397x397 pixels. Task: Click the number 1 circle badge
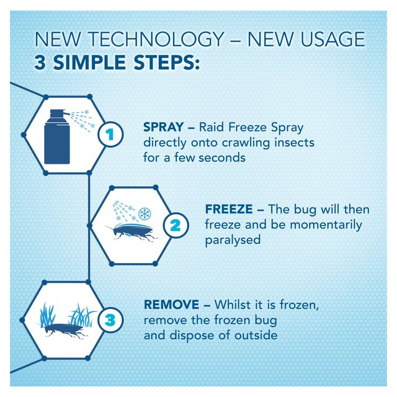tap(109, 134)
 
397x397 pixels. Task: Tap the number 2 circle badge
tap(175, 226)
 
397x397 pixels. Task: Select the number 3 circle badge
tap(110, 321)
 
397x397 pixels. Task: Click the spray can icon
tap(57, 136)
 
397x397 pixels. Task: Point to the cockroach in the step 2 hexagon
tap(132, 233)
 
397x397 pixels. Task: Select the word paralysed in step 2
tap(233, 240)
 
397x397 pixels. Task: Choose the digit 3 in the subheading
tap(41, 63)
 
